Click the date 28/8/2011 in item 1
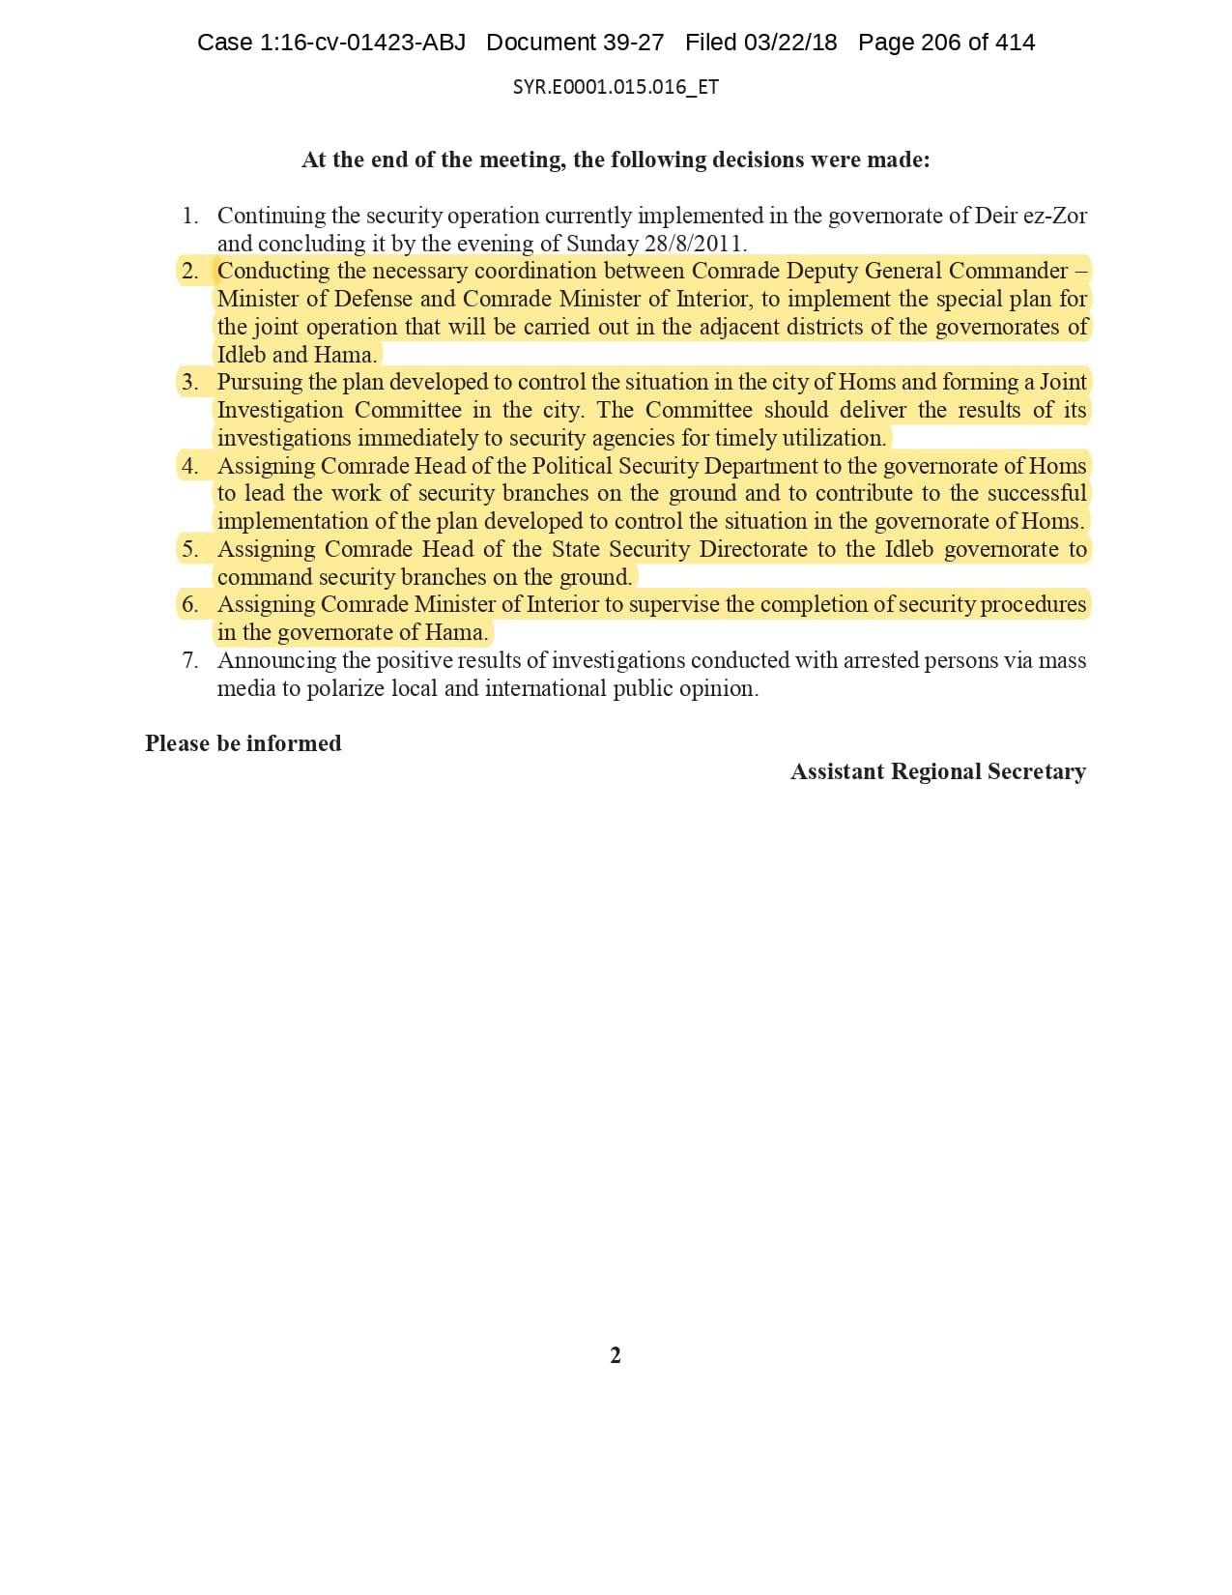(695, 244)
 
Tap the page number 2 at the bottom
(616, 1355)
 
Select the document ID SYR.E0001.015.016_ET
(616, 87)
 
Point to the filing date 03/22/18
(790, 43)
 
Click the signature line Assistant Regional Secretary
(937, 771)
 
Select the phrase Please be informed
(244, 743)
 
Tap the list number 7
(189, 660)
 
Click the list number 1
(189, 216)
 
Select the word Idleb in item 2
(242, 355)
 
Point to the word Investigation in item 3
(280, 411)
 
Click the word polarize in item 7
(345, 688)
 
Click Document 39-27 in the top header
(575, 43)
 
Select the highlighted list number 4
(189, 466)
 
